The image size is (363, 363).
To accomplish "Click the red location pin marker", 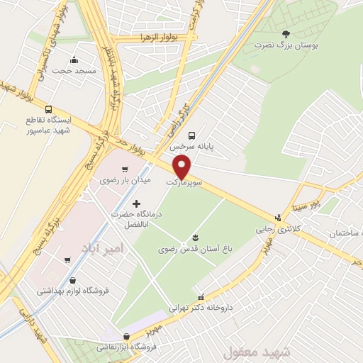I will [183, 167].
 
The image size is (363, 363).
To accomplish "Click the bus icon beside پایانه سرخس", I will [191, 135].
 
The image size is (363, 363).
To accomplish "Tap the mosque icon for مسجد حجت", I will [74, 60].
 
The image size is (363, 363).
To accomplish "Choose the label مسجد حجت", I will [74, 73].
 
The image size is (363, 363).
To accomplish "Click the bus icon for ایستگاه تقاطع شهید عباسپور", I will [48, 109].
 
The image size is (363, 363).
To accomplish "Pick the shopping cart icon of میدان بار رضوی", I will [125, 169].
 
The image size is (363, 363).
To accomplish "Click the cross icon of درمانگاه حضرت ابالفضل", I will [136, 204].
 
